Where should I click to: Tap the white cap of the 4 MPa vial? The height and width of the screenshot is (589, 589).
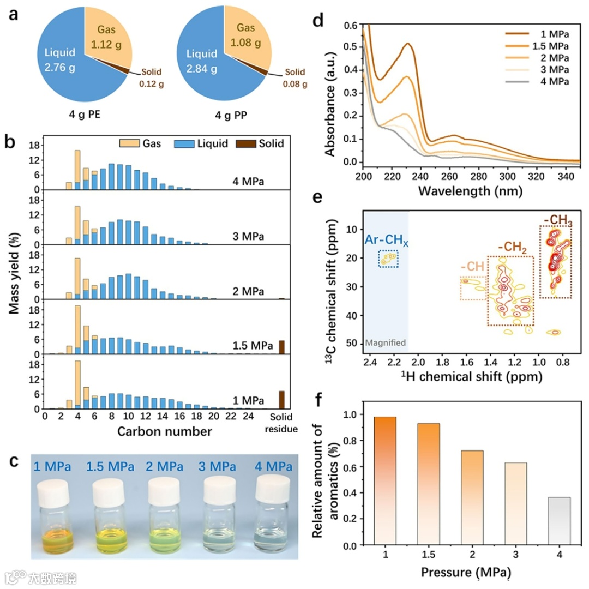(272, 486)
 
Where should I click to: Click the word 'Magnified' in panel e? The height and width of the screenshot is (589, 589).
(386, 343)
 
